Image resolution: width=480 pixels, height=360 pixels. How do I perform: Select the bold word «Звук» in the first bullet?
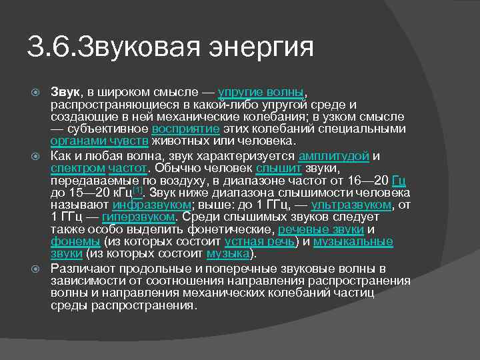click(x=65, y=91)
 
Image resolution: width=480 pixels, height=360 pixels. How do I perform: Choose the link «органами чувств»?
click(x=99, y=141)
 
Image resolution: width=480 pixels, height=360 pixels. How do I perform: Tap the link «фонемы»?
click(x=75, y=241)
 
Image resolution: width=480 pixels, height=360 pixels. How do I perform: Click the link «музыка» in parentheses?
click(x=227, y=253)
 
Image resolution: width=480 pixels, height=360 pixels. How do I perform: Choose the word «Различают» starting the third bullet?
click(x=81, y=269)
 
